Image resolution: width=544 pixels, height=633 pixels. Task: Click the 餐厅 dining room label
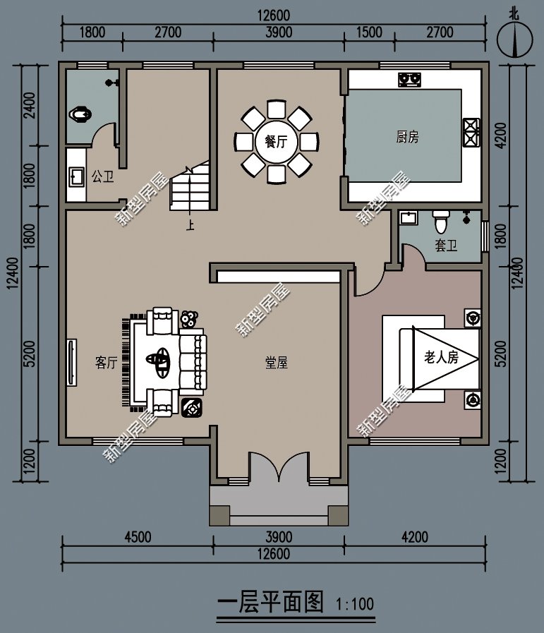click(276, 141)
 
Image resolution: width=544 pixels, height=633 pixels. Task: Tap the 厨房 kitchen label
click(407, 137)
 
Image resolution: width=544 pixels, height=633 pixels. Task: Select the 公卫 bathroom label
click(102, 176)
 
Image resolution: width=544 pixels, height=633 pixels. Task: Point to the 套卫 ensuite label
click(445, 246)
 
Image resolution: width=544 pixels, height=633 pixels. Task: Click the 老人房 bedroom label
click(441, 357)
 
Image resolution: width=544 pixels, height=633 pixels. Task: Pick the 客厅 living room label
click(106, 363)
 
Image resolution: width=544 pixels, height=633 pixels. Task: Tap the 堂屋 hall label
click(276, 363)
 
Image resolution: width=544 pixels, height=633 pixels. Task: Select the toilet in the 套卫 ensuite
click(441, 222)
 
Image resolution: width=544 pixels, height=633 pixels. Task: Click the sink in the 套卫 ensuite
click(409, 219)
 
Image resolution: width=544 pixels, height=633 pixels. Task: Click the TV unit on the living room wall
click(71, 363)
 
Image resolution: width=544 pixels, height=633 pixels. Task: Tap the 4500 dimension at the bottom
click(138, 537)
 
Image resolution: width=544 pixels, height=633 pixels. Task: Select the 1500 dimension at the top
click(369, 32)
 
